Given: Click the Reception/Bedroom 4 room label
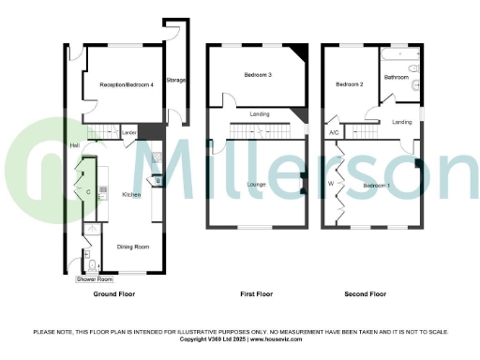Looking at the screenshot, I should pyautogui.click(x=126, y=85).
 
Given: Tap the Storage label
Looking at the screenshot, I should pyautogui.click(x=175, y=81).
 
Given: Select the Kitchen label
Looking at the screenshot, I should pyautogui.click(x=130, y=194).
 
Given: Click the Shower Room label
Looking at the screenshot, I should pyautogui.click(x=95, y=279).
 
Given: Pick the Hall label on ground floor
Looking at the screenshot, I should pyautogui.click(x=74, y=145).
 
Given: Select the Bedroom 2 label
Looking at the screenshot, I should pyautogui.click(x=350, y=84).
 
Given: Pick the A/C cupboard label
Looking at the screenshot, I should pyautogui.click(x=334, y=133).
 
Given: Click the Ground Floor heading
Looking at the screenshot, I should pyautogui.click(x=114, y=294).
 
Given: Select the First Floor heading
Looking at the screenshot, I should pyautogui.click(x=258, y=294).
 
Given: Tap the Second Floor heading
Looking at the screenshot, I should pyautogui.click(x=366, y=294).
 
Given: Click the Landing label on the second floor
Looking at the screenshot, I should pyautogui.click(x=402, y=122).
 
